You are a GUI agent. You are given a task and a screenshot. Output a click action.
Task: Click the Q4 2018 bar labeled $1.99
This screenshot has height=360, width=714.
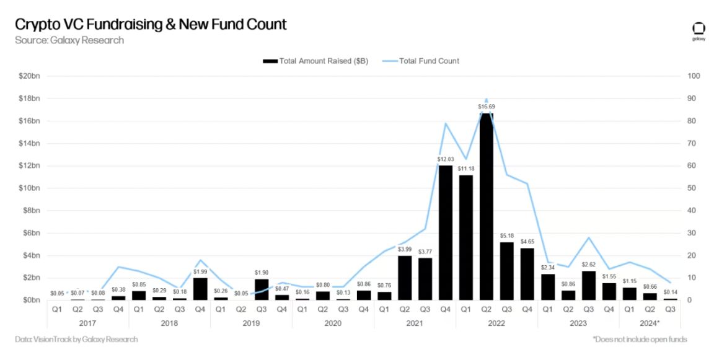click(x=200, y=289)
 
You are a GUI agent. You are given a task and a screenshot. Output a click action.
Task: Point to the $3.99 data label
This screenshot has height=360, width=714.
click(x=404, y=249)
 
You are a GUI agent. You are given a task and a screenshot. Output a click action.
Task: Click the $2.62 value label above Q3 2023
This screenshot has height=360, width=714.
click(x=588, y=265)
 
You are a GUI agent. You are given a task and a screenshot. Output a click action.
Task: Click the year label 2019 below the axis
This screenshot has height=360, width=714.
click(x=251, y=323)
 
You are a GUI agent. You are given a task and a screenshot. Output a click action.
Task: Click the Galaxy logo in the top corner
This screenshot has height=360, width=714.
click(x=698, y=31)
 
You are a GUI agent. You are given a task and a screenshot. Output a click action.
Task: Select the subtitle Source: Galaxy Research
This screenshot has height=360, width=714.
click(x=69, y=40)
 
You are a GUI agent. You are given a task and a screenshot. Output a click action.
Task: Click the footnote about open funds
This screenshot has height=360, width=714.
click(x=640, y=340)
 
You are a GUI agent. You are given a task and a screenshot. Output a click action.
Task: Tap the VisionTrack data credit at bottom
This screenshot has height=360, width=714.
click(x=76, y=340)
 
